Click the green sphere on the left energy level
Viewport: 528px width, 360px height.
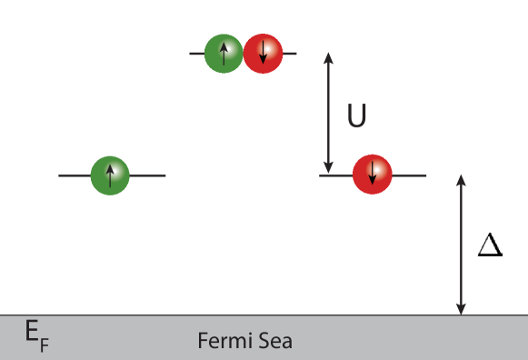[x=110, y=175]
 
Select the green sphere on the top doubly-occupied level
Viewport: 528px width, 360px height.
[x=224, y=54]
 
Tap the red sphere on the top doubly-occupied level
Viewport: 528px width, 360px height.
[x=263, y=54]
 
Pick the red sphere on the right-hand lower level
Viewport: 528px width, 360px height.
[x=373, y=173]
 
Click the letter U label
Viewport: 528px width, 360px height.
[x=357, y=116]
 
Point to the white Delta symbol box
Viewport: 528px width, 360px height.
[x=490, y=243]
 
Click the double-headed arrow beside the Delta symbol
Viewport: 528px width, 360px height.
[x=462, y=244]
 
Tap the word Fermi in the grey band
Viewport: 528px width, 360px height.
[x=222, y=342]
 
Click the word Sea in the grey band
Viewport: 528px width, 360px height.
[x=273, y=342]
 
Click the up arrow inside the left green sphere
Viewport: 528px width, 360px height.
[x=110, y=174]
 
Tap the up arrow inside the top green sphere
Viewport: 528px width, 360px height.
[x=224, y=53]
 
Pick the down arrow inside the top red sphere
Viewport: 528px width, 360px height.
[x=263, y=54]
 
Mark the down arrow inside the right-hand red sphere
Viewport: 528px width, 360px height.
[x=373, y=173]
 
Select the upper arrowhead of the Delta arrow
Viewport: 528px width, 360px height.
[x=462, y=178]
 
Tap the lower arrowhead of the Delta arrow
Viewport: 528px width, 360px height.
[x=462, y=309]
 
